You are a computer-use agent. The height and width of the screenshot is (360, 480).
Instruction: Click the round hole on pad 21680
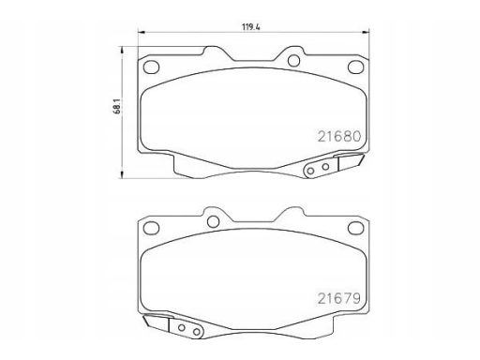[292, 62]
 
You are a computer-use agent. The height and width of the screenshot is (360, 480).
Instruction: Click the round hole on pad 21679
[213, 221]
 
